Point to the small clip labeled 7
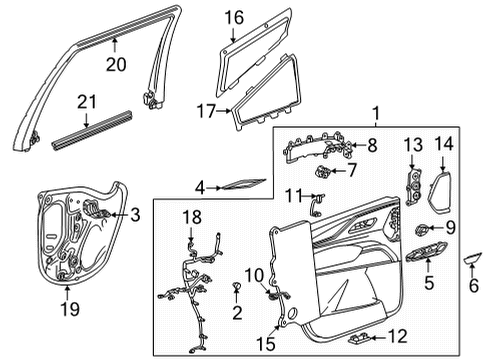(x=324, y=172)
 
